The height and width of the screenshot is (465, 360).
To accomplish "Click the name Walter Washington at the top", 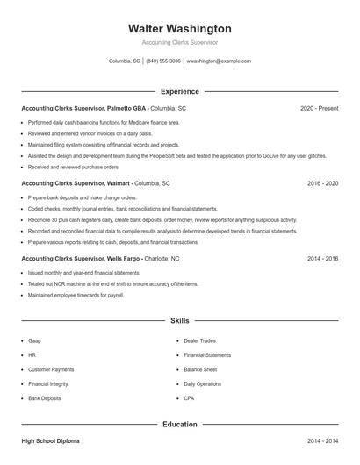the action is click(x=179, y=29).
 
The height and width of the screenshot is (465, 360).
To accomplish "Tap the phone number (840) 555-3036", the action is click(x=163, y=61).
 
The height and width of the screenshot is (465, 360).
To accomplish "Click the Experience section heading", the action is click(x=179, y=91).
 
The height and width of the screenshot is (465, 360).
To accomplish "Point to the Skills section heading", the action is click(x=179, y=321).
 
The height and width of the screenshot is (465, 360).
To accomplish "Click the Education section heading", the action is click(x=179, y=425).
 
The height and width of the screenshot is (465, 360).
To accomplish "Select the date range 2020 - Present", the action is click(x=319, y=108).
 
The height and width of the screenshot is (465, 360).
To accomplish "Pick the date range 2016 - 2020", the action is click(x=322, y=184).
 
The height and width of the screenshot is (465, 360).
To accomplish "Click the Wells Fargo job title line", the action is click(x=100, y=260).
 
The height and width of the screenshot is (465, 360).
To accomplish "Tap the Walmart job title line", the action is click(x=95, y=184).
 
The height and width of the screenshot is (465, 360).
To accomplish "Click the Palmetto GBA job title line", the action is click(x=104, y=108).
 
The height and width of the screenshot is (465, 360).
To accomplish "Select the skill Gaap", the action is click(x=34, y=340).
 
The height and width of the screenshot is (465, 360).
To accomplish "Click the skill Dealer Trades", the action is click(x=199, y=340).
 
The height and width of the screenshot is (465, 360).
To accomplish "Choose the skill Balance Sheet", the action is click(x=200, y=369).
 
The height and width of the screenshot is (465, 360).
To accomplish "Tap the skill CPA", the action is click(x=189, y=398).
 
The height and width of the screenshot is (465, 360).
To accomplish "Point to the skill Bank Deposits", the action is click(x=45, y=398).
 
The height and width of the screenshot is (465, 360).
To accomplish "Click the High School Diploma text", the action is click(x=50, y=440).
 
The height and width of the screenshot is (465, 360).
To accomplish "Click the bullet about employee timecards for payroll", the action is click(x=75, y=295).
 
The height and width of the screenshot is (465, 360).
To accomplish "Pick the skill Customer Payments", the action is click(x=51, y=369).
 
